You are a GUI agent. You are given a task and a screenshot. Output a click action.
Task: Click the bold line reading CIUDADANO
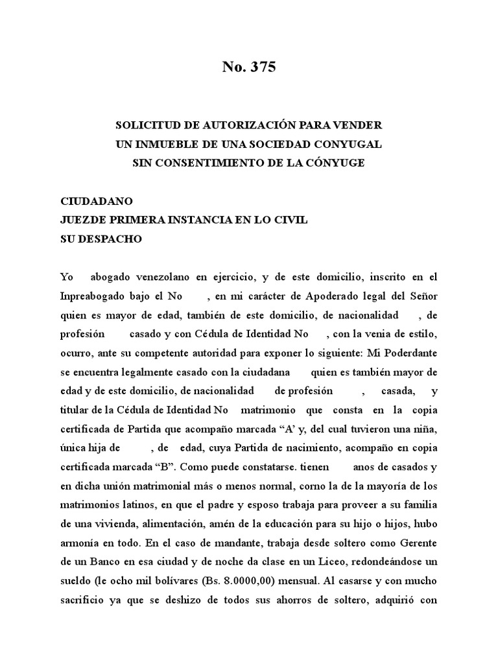click(x=96, y=201)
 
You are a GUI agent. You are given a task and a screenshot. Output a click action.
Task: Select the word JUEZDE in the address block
click(x=83, y=220)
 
